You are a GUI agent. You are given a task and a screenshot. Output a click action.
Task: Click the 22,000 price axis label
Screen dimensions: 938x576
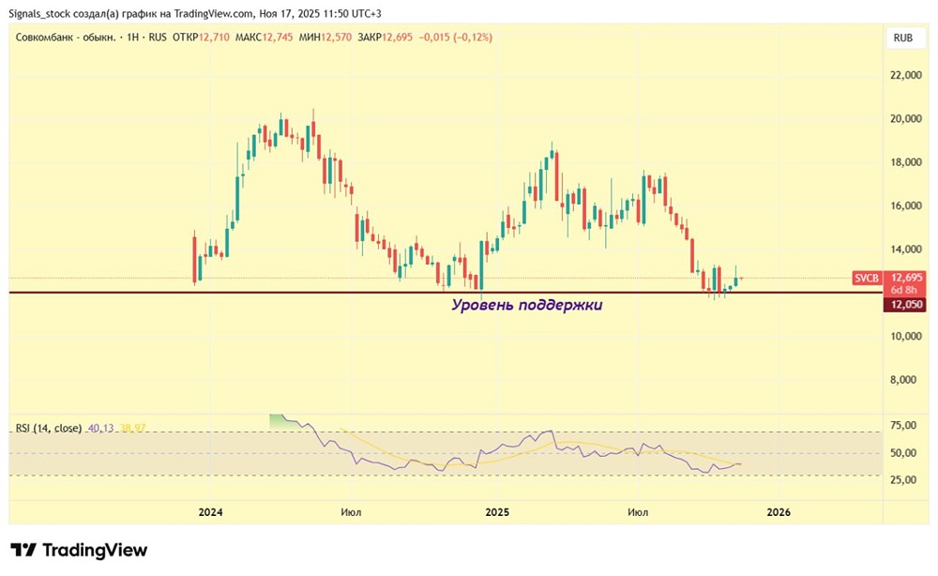(x=906, y=75)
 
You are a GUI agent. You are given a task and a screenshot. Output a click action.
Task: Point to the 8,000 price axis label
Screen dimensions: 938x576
(x=906, y=380)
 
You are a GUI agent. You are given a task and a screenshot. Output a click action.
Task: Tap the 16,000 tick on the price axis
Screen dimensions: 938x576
(x=906, y=205)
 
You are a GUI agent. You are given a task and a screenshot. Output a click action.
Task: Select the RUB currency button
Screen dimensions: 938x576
(x=902, y=38)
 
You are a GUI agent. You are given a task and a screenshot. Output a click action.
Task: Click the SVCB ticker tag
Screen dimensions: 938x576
(x=867, y=278)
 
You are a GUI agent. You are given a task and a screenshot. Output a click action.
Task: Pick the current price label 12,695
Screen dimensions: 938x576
(x=906, y=278)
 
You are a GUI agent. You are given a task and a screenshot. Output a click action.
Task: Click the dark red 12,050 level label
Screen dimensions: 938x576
(x=907, y=305)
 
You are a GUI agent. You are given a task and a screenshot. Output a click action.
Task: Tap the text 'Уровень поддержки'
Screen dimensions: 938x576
(x=526, y=305)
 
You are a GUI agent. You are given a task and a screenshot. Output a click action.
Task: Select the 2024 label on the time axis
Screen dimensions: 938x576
(x=210, y=512)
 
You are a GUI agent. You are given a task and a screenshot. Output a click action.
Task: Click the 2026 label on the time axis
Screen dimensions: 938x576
(x=779, y=512)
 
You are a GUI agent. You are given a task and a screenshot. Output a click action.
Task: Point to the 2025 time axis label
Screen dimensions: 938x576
(x=497, y=512)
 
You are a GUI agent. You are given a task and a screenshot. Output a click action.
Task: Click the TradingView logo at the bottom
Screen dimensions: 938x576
(x=79, y=550)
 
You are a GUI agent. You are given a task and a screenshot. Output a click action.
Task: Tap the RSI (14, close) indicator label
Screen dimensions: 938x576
(x=49, y=429)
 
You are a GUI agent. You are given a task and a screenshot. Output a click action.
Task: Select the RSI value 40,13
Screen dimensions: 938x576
(x=100, y=429)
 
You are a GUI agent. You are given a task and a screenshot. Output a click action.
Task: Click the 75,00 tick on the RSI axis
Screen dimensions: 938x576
(x=903, y=425)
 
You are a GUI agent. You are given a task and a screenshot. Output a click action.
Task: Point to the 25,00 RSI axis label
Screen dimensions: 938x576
(x=903, y=479)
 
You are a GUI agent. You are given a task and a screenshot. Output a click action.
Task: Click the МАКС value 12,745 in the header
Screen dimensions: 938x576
(x=278, y=38)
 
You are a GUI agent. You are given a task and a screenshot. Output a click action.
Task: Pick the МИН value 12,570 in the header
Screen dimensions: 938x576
(x=336, y=38)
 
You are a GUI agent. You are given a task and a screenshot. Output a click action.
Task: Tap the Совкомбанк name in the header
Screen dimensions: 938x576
(x=44, y=38)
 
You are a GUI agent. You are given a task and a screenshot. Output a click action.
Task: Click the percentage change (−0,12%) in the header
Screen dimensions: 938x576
(x=473, y=38)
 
